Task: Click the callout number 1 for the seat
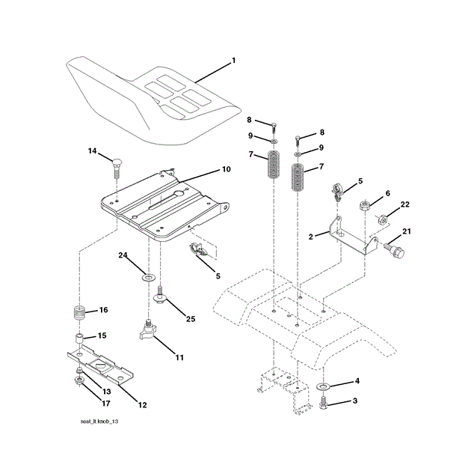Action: click(x=233, y=60)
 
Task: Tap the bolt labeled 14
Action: click(x=117, y=164)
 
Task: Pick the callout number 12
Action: click(x=141, y=404)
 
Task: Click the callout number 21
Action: click(x=407, y=231)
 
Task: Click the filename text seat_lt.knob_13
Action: click(x=100, y=422)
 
